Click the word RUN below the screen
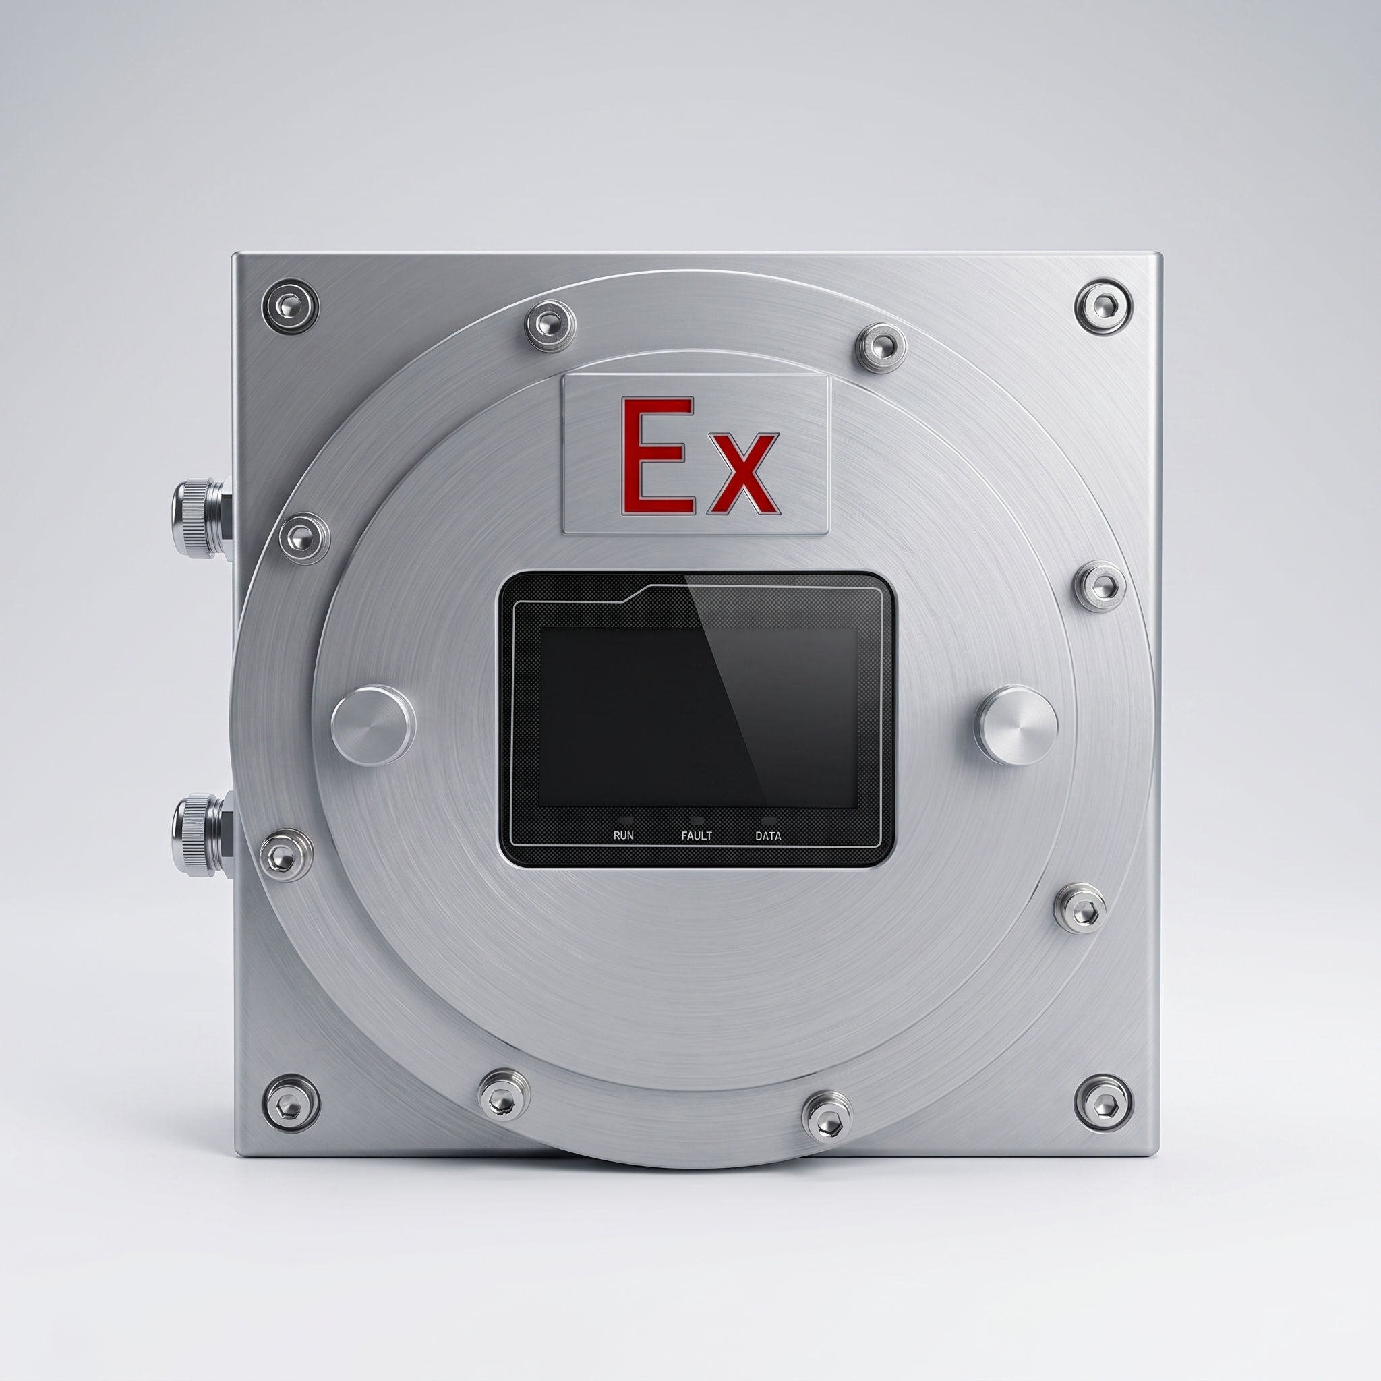623,835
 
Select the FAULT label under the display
696,835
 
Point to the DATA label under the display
769,835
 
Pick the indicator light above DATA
769,821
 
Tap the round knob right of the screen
1017,725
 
